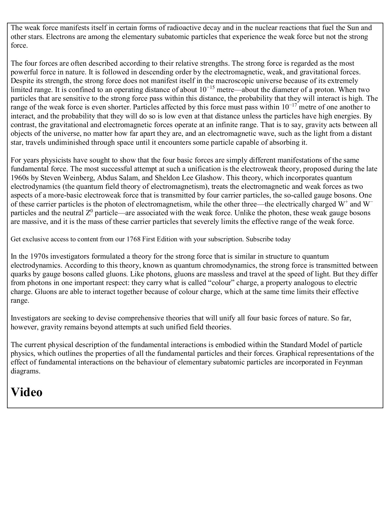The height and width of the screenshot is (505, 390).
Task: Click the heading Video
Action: [x=27, y=392]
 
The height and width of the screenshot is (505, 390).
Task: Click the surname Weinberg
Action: [x=78, y=178]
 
